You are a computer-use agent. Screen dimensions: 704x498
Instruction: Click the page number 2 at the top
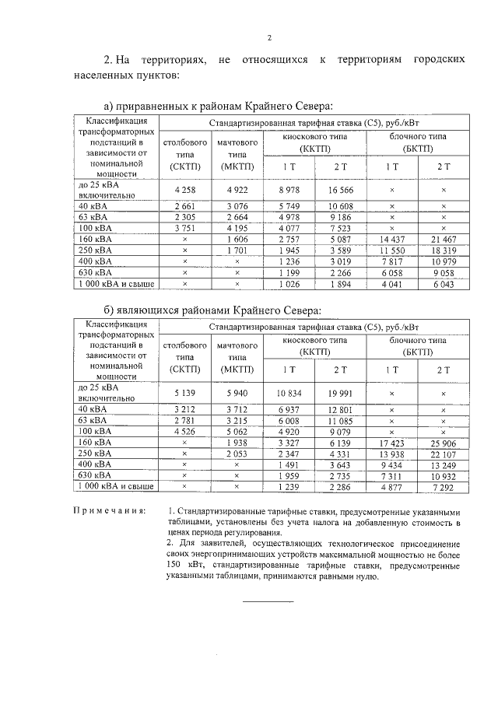[x=268, y=37]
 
